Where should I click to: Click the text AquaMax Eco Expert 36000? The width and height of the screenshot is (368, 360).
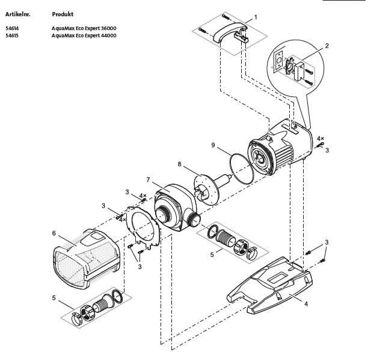point(84,28)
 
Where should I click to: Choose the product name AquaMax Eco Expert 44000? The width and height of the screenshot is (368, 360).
point(84,36)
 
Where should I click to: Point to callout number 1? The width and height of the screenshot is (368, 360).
point(256,17)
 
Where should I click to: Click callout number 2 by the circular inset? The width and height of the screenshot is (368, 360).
point(327,46)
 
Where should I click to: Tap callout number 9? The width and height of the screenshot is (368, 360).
point(213,145)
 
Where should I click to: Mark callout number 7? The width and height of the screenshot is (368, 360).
point(148,179)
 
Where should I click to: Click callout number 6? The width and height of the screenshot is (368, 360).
point(54,233)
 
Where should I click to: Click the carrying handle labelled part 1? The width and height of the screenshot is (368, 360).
point(228,33)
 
